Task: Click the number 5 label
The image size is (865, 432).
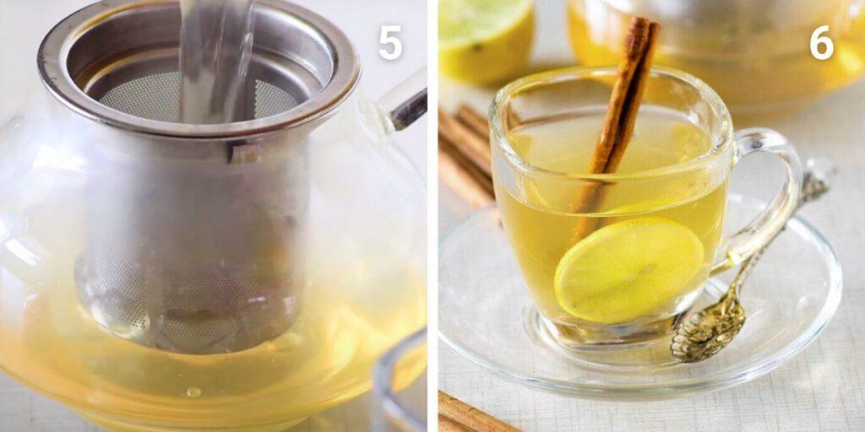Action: click(x=389, y=42)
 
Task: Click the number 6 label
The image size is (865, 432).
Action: click(x=821, y=42)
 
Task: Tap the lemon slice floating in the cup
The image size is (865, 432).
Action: click(x=628, y=267)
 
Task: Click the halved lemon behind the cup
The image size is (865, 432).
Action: click(x=485, y=38)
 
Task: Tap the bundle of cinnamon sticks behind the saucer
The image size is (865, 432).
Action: click(x=465, y=152)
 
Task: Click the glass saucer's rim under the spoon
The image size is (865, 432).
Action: click(x=760, y=337)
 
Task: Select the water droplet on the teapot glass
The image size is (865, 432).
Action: click(x=193, y=391)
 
